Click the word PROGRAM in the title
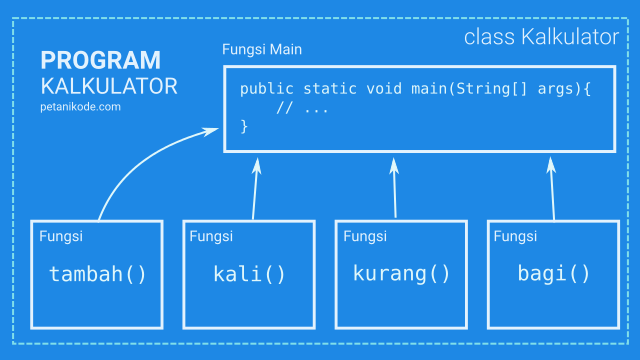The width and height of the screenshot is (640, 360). click(x=100, y=60)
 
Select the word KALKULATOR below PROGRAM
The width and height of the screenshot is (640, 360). click(x=109, y=87)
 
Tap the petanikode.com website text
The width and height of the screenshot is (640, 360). click(x=80, y=107)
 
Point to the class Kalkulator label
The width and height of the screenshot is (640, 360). click(x=541, y=37)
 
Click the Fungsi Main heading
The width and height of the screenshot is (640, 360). click(x=262, y=49)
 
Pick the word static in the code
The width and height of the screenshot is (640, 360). click(x=330, y=89)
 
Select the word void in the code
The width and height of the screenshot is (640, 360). click(x=384, y=89)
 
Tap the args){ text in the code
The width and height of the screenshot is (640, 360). click(x=564, y=89)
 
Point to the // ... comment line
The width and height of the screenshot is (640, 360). click(x=302, y=108)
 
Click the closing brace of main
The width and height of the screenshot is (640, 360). click(x=244, y=126)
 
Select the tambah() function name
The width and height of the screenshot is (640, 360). click(x=98, y=273)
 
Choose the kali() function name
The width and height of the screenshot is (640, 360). click(x=249, y=273)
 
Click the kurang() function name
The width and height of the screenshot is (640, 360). click(x=401, y=273)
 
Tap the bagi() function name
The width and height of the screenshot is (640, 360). click(x=553, y=273)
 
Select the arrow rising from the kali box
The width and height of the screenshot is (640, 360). click(x=255, y=189)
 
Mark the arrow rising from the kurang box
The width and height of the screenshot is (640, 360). click(x=395, y=188)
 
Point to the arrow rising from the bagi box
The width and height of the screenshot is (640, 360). click(x=553, y=189)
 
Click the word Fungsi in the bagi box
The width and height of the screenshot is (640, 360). click(x=515, y=236)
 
